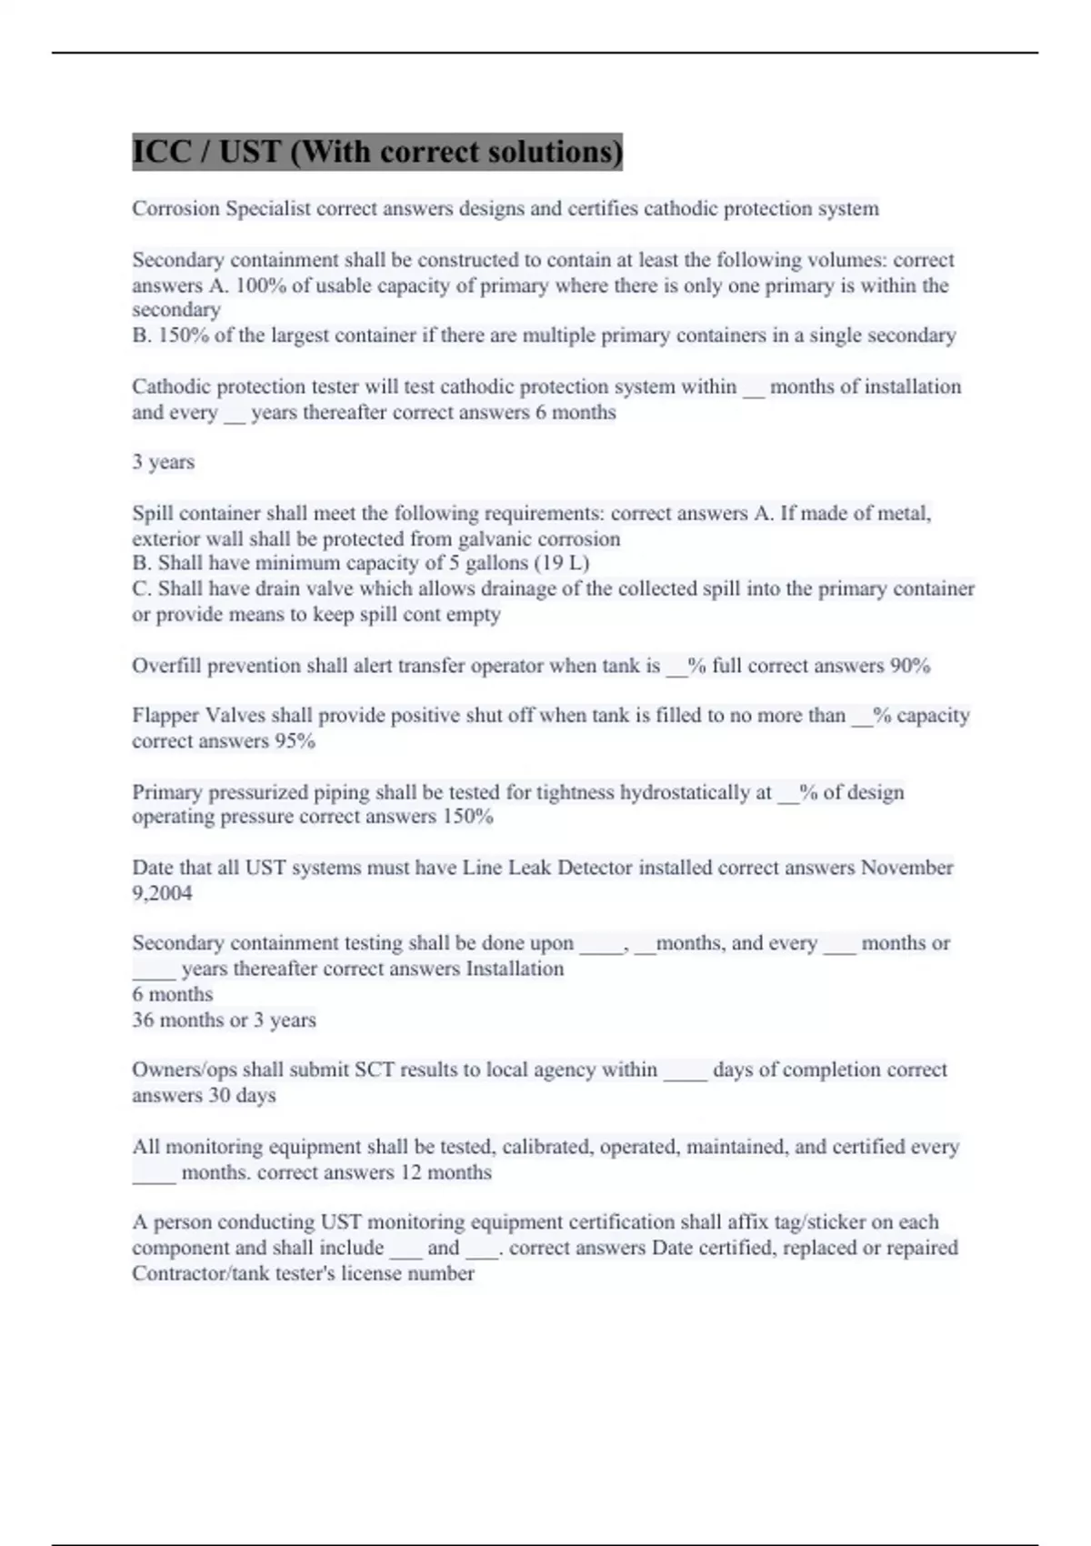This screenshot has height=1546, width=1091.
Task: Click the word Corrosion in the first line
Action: coord(175,209)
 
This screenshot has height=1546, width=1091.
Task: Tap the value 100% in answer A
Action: coord(261,286)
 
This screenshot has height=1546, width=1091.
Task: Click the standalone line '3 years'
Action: coord(163,462)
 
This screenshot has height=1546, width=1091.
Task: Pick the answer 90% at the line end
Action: coord(909,666)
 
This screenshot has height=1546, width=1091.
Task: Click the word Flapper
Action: coord(165,716)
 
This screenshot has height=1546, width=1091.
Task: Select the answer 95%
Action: coord(295,741)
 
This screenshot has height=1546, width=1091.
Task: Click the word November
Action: coord(906,868)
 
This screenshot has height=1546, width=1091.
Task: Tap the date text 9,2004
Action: coord(162,893)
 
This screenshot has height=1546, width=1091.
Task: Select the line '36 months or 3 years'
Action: coord(224,1020)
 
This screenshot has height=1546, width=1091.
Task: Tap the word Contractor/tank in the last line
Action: coord(197,1273)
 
